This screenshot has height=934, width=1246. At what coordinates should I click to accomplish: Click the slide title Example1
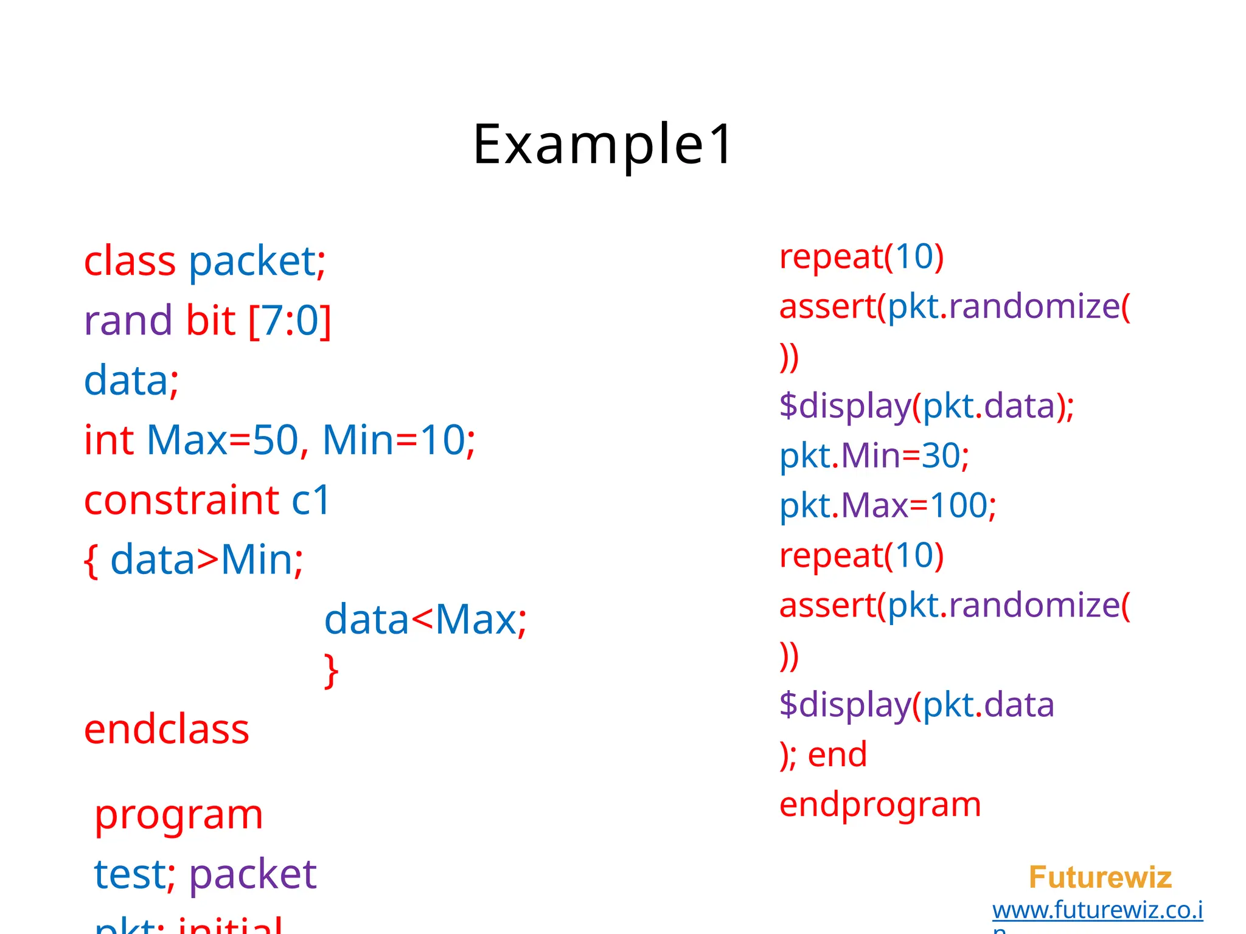point(603,145)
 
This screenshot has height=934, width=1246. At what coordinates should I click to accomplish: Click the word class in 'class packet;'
point(130,262)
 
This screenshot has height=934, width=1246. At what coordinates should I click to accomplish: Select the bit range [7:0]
point(290,321)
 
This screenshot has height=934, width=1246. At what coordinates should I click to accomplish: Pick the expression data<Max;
point(425,620)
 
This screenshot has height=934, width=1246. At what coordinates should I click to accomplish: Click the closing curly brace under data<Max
point(331,671)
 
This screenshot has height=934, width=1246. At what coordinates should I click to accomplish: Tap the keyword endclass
point(167,730)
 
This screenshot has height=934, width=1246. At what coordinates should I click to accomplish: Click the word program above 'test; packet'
point(179,815)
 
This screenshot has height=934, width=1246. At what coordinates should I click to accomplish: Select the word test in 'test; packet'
point(130,874)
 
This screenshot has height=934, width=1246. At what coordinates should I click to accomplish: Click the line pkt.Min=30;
point(874,455)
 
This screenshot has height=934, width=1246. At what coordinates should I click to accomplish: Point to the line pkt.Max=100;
point(888,505)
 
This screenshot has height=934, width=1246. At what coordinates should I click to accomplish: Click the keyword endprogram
point(880,804)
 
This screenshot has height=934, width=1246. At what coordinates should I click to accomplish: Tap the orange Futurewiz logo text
point(1100,877)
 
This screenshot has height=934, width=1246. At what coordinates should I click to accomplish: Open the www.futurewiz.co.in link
point(1097,910)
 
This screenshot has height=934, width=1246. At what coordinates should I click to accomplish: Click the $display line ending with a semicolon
point(926,406)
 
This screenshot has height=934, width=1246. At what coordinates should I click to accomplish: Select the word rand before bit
point(128,321)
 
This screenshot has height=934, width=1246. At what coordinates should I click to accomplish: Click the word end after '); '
point(837,755)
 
